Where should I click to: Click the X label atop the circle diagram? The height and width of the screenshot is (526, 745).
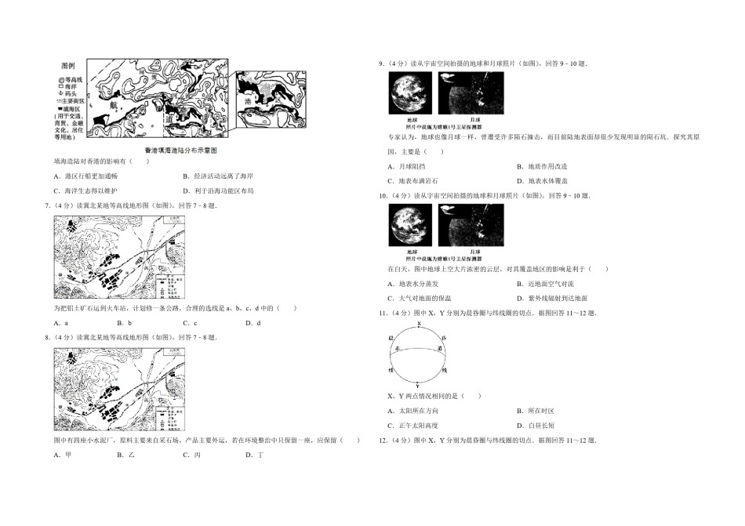coord(420,324)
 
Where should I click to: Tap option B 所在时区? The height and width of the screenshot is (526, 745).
coord(538,410)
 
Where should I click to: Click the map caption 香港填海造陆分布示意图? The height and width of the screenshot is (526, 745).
coord(180,149)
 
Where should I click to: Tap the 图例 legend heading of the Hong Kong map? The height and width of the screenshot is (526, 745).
coord(68,66)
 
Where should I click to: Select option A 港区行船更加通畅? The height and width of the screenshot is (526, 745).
coord(82,176)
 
